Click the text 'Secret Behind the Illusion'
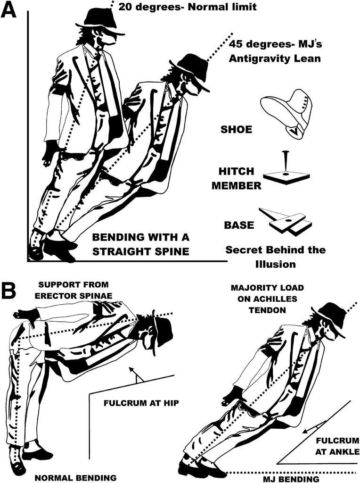[275, 257]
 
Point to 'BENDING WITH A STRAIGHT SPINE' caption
[140, 244]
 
